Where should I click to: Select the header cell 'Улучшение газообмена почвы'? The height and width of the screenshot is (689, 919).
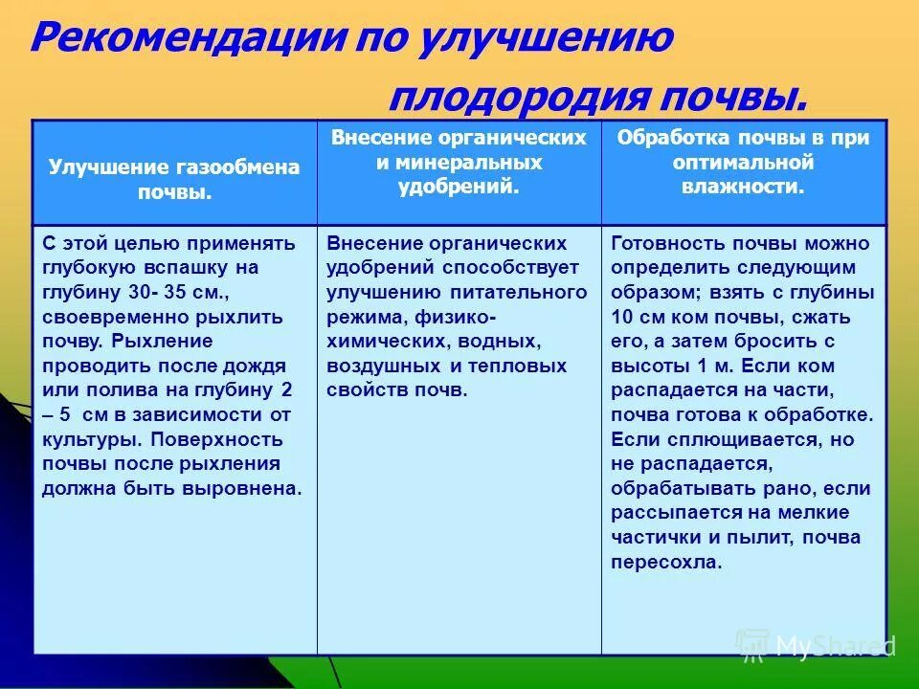click(x=174, y=179)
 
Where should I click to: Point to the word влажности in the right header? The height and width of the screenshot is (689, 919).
click(x=743, y=188)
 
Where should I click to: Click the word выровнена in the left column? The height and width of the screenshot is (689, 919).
click(x=252, y=488)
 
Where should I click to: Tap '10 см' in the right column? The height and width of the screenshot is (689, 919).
click(x=638, y=317)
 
